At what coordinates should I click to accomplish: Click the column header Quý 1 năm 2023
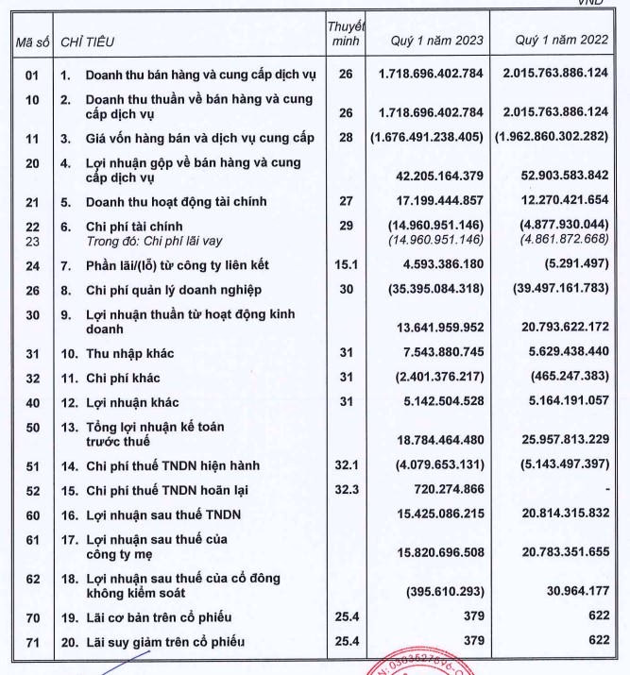tap(436, 42)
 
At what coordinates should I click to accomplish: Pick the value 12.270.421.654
tap(558, 201)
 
